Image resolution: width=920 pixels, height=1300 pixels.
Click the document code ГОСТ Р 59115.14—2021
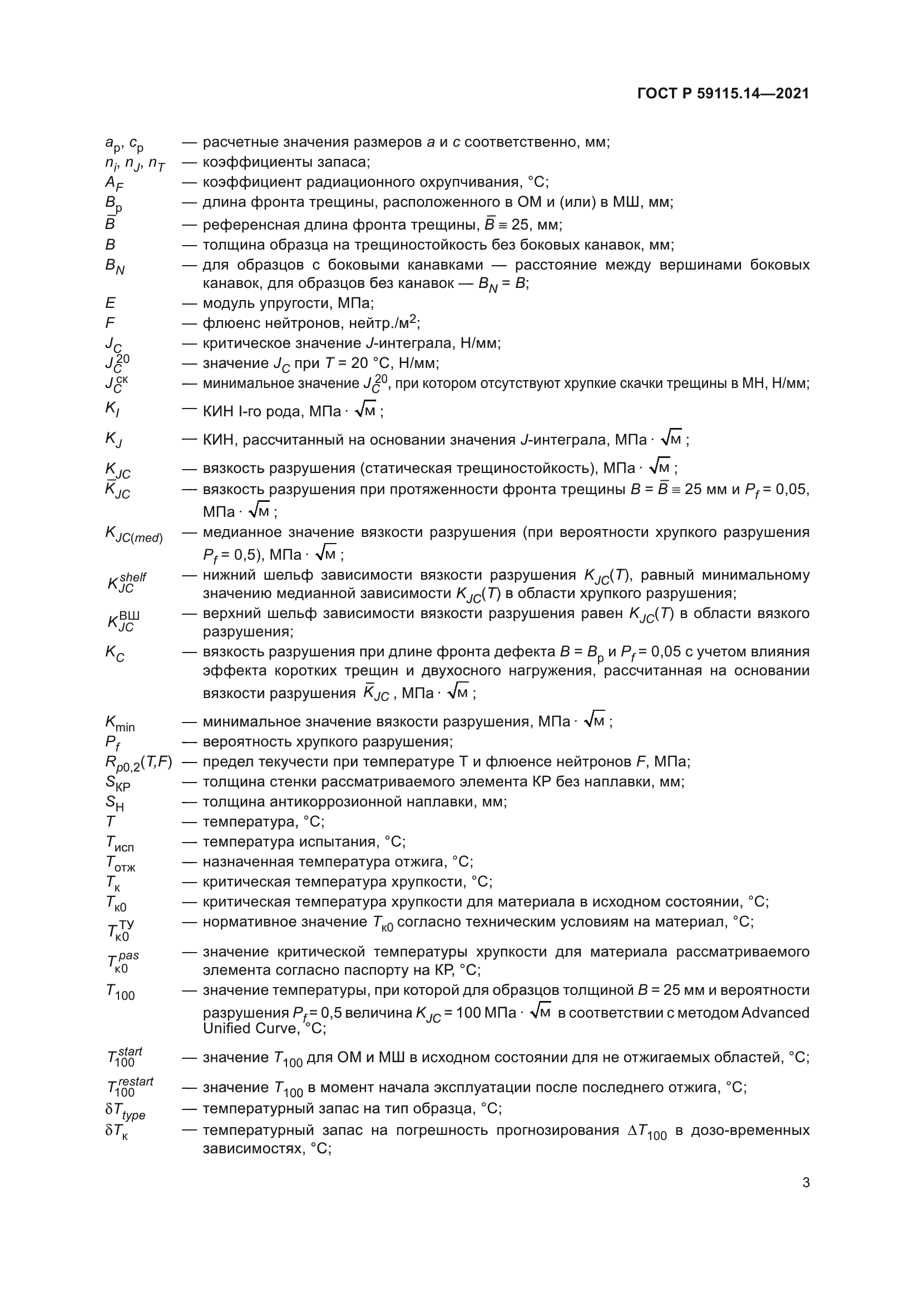pyautogui.click(x=724, y=93)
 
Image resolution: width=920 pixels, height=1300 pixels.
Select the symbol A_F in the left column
pyautogui.click(x=114, y=183)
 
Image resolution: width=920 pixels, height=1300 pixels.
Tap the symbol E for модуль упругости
pyautogui.click(x=110, y=303)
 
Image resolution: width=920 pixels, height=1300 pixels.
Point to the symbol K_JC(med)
pyautogui.click(x=133, y=535)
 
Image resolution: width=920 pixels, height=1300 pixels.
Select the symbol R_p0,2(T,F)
pyautogui.click(x=135, y=763)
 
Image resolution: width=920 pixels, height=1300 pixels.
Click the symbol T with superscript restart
pyautogui.click(x=130, y=1087)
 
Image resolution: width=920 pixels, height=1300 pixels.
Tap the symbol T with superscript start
pyautogui.click(x=125, y=1057)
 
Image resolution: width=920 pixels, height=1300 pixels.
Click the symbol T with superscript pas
pyautogui.click(x=122, y=961)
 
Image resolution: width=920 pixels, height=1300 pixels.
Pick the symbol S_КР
pyautogui.click(x=118, y=783)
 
